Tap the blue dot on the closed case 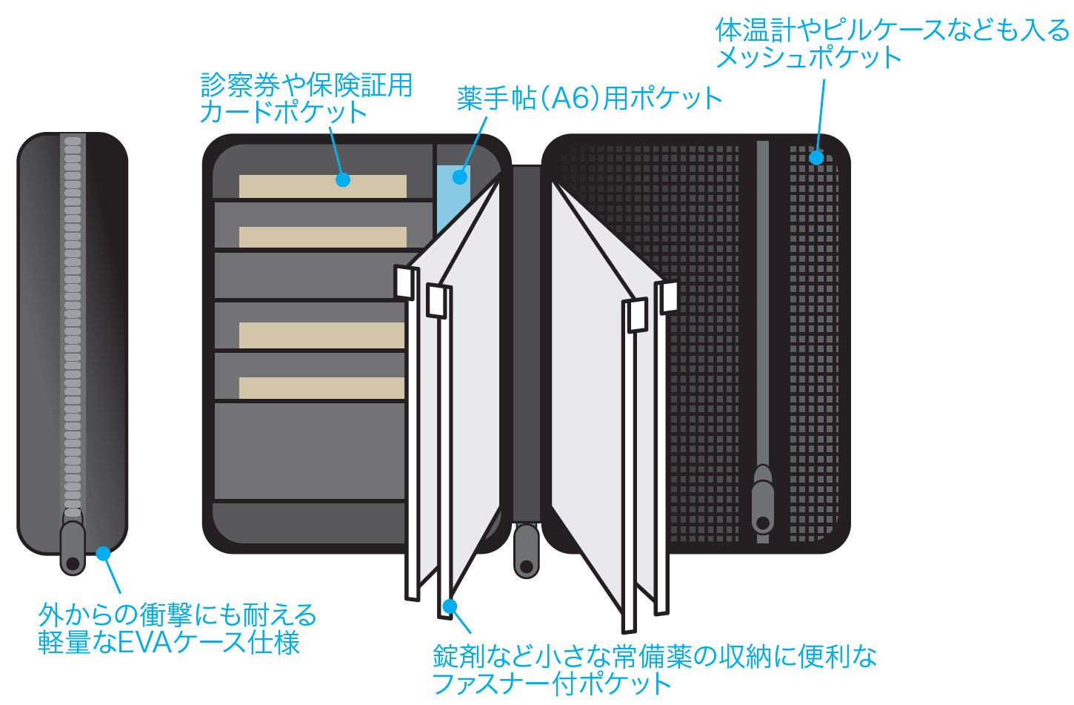103,553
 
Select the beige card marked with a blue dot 323,186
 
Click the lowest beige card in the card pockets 321,388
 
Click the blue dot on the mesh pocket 816,157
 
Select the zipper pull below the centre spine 527,550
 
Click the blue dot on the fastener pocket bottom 448,606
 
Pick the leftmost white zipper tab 404,282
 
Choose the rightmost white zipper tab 669,297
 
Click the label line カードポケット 284,113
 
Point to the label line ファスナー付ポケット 552,684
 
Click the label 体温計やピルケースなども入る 892,31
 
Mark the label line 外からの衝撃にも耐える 178,615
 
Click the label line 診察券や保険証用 307,85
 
